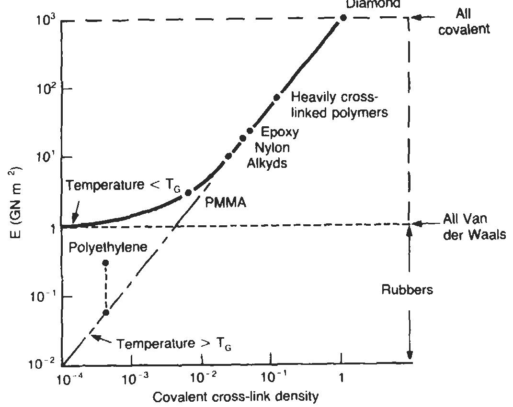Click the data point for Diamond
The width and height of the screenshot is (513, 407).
343,18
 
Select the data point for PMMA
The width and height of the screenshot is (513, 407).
188,192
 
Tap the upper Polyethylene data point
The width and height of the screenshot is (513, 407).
106,263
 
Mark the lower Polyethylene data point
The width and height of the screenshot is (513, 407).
106,312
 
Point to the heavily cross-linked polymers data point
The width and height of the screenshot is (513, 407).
276,98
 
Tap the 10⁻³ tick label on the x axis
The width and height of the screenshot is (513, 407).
132,379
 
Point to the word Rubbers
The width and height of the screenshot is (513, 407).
407,290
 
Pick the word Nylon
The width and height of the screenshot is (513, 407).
271,147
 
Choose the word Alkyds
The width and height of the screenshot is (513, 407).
267,163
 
